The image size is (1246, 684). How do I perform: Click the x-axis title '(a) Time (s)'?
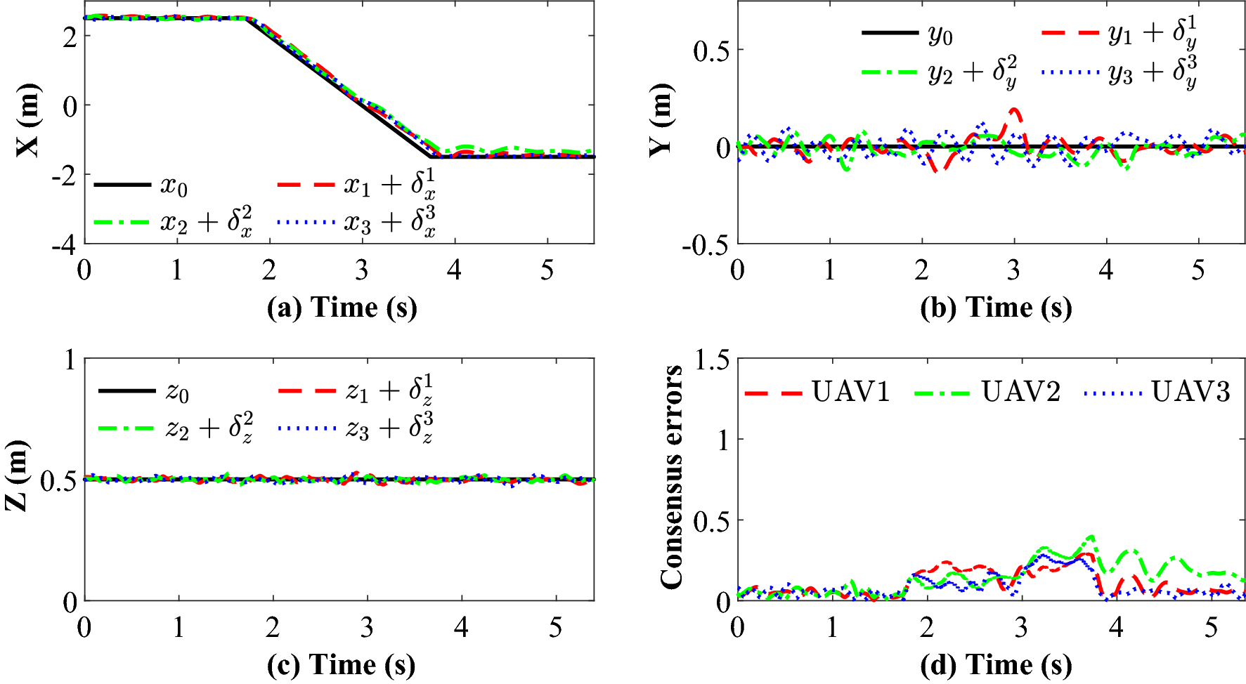(342, 308)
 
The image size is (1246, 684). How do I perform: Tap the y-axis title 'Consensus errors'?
(672, 478)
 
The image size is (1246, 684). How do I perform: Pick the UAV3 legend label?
(1190, 392)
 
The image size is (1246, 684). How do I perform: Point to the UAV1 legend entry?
(850, 392)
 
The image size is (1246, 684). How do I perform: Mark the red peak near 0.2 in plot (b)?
(1013, 110)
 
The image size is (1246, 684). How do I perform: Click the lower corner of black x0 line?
(430, 157)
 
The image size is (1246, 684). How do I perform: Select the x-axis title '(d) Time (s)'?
(996, 665)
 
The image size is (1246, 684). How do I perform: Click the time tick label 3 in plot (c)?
(367, 627)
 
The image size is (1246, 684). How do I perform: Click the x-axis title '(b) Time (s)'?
(996, 308)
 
